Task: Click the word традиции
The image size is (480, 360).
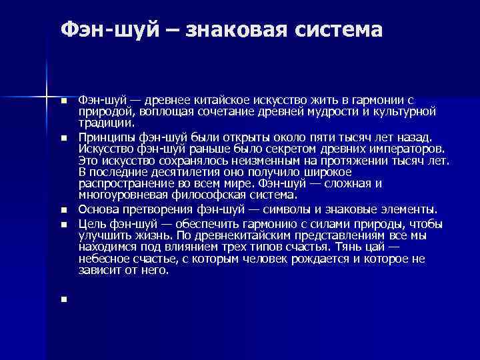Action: click(106, 123)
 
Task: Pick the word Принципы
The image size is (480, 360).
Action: click(103, 137)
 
